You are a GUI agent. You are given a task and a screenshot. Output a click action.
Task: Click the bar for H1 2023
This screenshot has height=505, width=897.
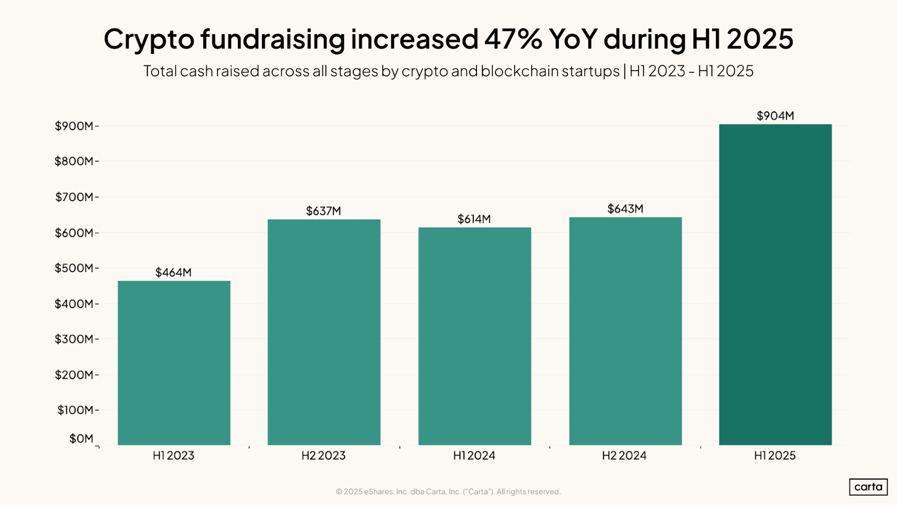pyautogui.click(x=174, y=363)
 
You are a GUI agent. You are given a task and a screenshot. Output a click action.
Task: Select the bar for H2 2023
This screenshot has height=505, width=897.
pyautogui.click(x=324, y=332)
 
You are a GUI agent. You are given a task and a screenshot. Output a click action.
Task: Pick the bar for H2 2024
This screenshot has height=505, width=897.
pyautogui.click(x=625, y=331)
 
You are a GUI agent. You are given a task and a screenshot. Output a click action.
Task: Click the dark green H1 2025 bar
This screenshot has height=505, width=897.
pyautogui.click(x=775, y=285)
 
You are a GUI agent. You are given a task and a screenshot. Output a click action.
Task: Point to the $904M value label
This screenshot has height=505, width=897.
pyautogui.click(x=775, y=116)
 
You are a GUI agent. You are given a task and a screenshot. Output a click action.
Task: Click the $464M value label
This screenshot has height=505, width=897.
pyautogui.click(x=173, y=272)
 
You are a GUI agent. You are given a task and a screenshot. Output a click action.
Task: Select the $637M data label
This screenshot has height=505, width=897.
pyautogui.click(x=323, y=211)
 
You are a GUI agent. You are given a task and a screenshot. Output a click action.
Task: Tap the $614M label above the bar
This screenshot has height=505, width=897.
pyautogui.click(x=474, y=219)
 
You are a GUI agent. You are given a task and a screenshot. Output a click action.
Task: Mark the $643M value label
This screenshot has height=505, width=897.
pyautogui.click(x=625, y=209)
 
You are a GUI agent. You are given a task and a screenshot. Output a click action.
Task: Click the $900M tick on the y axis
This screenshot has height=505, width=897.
pyautogui.click(x=74, y=126)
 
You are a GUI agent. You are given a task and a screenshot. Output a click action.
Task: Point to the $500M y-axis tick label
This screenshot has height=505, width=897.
pyautogui.click(x=74, y=268)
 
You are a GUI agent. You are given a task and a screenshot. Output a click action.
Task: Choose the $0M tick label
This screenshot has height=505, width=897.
pyautogui.click(x=81, y=439)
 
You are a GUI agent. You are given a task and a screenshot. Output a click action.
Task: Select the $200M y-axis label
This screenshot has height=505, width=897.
pyautogui.click(x=74, y=375)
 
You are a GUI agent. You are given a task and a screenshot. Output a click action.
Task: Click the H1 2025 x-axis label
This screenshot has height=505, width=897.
pyautogui.click(x=774, y=456)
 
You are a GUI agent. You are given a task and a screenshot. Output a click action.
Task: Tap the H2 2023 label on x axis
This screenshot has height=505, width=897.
pyautogui.click(x=323, y=456)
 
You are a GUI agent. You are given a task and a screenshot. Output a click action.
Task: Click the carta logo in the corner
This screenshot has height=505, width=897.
pyautogui.click(x=868, y=487)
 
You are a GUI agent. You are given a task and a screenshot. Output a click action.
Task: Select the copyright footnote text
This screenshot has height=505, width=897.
pyautogui.click(x=448, y=492)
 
